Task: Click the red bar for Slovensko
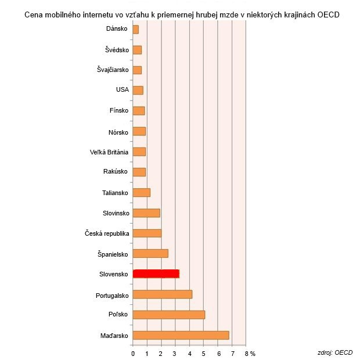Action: tap(156, 273)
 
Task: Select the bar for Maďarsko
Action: tap(181, 335)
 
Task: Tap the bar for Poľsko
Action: tap(168, 315)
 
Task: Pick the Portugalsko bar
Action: tap(162, 294)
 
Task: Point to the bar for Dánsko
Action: tap(135, 29)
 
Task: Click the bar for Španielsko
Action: tap(150, 253)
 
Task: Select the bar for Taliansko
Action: tap(141, 192)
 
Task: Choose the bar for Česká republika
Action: tap(147, 233)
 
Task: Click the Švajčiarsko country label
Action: tap(113, 70)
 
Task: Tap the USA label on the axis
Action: tap(122, 90)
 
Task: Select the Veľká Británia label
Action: tap(106, 152)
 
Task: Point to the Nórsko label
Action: tap(118, 131)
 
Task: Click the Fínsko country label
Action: tap(118, 111)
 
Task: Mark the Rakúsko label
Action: tap(116, 172)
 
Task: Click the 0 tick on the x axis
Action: tap(133, 353)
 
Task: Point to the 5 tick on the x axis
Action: tap(204, 353)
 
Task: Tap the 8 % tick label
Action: tap(250, 353)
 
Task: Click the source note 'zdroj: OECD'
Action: tap(334, 352)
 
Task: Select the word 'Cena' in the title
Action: tap(34, 15)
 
